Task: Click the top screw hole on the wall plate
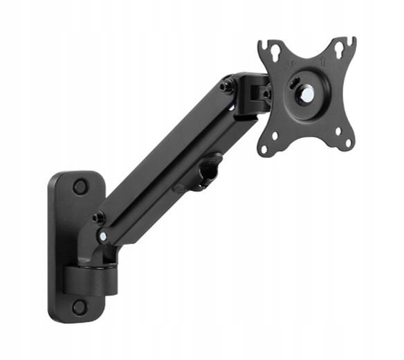tap(80, 186)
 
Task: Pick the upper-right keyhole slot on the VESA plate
tap(340, 49)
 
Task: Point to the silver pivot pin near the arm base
tap(103, 236)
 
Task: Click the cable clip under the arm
tap(204, 174)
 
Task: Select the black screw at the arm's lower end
tap(99, 217)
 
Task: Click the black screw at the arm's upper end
tap(226, 87)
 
